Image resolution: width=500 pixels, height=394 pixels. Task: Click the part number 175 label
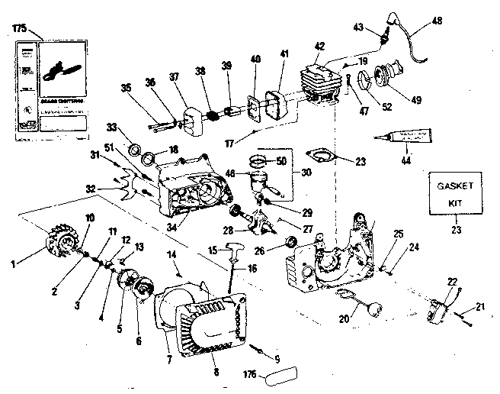(19, 28)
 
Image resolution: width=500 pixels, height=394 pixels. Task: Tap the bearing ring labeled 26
(290, 243)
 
